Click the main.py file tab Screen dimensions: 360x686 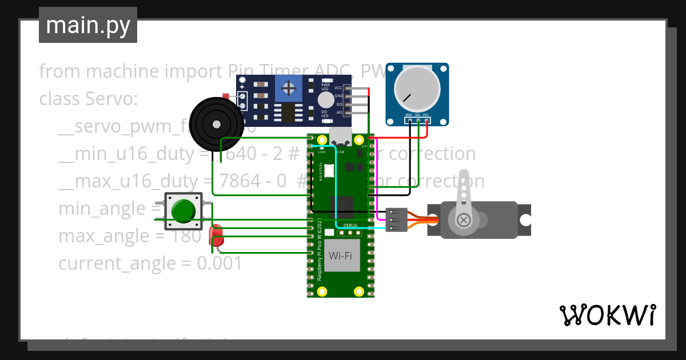pyautogui.click(x=87, y=25)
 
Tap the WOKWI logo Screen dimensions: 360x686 pyautogui.click(x=607, y=315)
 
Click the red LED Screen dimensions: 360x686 pyautogui.click(x=216, y=235)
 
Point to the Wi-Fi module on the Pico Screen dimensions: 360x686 pyautogui.click(x=340, y=255)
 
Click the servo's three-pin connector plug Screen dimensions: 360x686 pyautogui.click(x=396, y=219)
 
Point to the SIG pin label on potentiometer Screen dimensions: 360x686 pyautogui.click(x=417, y=115)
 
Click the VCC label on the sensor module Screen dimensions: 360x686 pyautogui.click(x=338, y=88)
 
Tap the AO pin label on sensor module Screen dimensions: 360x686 pyautogui.click(x=339, y=113)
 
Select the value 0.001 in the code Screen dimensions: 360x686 pyautogui.click(x=219, y=263)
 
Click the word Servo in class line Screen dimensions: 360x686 pyautogui.click(x=108, y=99)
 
